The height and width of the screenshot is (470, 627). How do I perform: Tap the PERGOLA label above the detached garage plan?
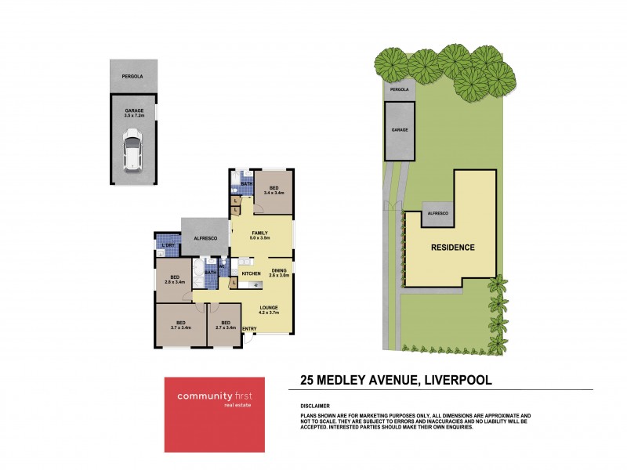(133, 76)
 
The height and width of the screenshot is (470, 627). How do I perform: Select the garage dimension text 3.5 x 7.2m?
(133, 117)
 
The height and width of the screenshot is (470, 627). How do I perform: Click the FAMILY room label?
(260, 233)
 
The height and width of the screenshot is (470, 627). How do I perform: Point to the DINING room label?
(280, 271)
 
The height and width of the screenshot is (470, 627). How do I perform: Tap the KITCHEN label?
(251, 273)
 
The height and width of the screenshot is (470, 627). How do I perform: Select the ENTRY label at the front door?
(249, 329)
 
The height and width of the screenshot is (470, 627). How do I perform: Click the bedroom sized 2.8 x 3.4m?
(176, 280)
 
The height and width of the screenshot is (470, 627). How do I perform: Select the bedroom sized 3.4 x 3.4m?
(274, 190)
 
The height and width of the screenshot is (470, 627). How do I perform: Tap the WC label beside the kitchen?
(223, 266)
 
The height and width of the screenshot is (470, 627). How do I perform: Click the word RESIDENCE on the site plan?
(453, 248)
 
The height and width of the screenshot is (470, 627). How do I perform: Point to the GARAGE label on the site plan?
(400, 129)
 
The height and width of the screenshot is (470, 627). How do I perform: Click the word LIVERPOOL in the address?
(458, 381)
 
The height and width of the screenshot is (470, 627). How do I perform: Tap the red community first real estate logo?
(214, 414)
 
